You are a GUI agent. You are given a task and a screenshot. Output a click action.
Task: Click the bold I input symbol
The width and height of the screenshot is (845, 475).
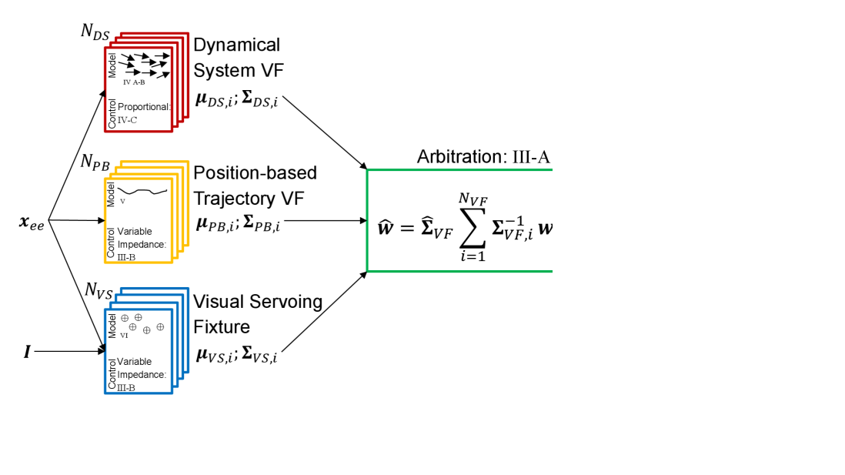pyautogui.click(x=27, y=352)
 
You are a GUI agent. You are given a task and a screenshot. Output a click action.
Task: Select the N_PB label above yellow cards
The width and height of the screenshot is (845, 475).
pyautogui.click(x=95, y=162)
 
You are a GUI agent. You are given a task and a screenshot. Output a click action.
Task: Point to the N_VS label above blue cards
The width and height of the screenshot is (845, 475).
pyautogui.click(x=100, y=290)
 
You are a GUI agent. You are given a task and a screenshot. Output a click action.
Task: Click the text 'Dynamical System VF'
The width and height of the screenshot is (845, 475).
pyautogui.click(x=238, y=58)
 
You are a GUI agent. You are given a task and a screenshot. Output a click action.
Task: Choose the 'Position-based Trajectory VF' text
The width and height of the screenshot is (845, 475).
pyautogui.click(x=255, y=186)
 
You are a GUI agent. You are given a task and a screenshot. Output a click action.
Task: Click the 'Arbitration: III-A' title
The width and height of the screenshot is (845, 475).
pyautogui.click(x=483, y=157)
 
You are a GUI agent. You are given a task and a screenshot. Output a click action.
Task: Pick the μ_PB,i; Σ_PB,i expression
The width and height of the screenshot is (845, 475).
pyautogui.click(x=238, y=226)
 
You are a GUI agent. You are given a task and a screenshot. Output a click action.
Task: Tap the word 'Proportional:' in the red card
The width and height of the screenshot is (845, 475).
pyautogui.click(x=144, y=107)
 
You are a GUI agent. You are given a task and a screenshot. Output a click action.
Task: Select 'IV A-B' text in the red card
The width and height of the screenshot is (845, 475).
pyautogui.click(x=133, y=82)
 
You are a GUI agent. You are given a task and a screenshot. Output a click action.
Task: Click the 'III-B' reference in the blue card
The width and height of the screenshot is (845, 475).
pyautogui.click(x=126, y=386)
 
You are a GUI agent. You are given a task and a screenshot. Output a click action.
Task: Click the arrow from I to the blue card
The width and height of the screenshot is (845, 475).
pyautogui.click(x=69, y=352)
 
